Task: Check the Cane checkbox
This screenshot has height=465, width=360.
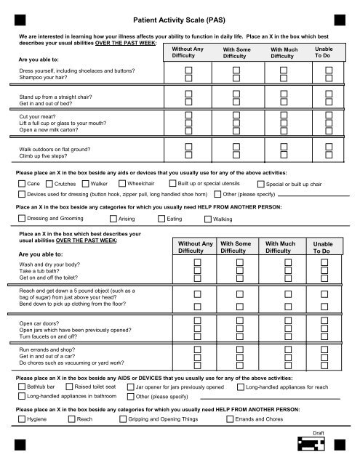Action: tap(21, 185)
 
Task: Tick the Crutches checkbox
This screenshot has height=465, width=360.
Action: tap(49, 185)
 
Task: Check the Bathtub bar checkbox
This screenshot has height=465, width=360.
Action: tap(21, 387)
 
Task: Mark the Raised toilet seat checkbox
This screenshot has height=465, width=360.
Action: tap(69, 387)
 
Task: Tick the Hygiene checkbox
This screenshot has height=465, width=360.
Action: tap(21, 420)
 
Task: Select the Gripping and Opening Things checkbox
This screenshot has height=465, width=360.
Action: tap(121, 420)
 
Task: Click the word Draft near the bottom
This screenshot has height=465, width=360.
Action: tap(318, 433)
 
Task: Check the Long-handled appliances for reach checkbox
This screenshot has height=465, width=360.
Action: tap(241, 387)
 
